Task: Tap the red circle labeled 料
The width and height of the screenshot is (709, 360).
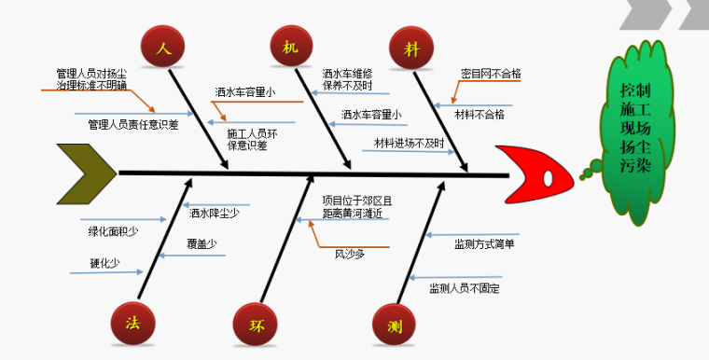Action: pyautogui.click(x=410, y=47)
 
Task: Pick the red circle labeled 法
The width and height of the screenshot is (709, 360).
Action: pyautogui.click(x=133, y=323)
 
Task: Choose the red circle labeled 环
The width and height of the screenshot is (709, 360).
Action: pyautogui.click(x=256, y=325)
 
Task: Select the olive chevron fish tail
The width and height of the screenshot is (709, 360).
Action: pyautogui.click(x=86, y=173)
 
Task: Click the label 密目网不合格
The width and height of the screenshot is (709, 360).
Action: pyautogui.click(x=491, y=73)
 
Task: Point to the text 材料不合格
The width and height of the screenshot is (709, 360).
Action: pyautogui.click(x=480, y=115)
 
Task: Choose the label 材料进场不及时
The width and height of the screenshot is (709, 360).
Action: pyautogui.click(x=409, y=143)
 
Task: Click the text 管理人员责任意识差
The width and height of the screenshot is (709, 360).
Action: pyautogui.click(x=133, y=123)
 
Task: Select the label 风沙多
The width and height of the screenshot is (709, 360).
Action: pyautogui.click(x=350, y=253)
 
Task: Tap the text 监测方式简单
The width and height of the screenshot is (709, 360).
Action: pyautogui.click(x=484, y=244)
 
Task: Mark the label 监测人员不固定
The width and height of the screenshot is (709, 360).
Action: pyautogui.click(x=465, y=289)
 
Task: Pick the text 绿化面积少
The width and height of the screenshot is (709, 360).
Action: pyautogui.click(x=108, y=230)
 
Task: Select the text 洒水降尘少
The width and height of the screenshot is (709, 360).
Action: pyautogui.click(x=215, y=213)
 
